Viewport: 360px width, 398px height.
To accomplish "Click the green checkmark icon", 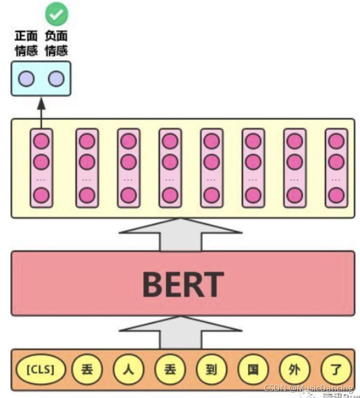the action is (x=57, y=15).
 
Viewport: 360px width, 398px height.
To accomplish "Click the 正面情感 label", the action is (x=26, y=43).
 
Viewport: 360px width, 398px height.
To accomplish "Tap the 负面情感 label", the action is (x=57, y=43).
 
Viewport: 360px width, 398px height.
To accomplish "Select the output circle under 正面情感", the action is (x=26, y=79).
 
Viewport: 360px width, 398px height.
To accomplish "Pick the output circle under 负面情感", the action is (x=56, y=79).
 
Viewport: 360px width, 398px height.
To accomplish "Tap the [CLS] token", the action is (x=41, y=370).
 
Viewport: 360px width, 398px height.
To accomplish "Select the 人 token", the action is (x=128, y=370).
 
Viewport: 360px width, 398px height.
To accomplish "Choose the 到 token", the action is (x=211, y=370).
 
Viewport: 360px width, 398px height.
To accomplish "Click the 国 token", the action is (x=253, y=370).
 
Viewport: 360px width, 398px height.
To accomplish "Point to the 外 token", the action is (x=295, y=370).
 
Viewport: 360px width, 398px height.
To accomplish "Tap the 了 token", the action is (x=336, y=370).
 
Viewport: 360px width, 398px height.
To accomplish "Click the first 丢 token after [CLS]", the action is (x=86, y=370).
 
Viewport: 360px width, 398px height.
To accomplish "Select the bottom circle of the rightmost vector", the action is (x=336, y=195).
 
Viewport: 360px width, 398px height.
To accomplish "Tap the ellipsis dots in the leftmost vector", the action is (x=41, y=179).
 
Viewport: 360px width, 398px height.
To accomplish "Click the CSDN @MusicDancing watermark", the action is (x=308, y=388).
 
